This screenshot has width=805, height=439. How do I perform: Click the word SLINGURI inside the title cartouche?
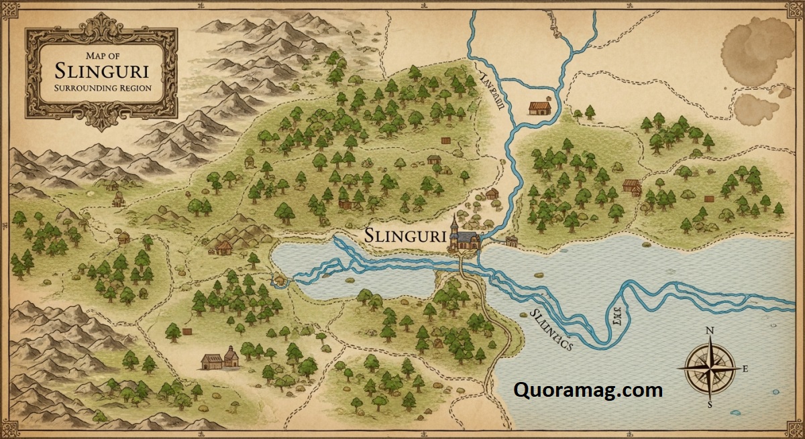pos(101,70)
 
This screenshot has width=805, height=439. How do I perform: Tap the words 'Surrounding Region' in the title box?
pos(101,88)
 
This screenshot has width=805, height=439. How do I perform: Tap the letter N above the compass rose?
pos(710,330)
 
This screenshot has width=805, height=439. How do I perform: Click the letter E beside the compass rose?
pos(745,369)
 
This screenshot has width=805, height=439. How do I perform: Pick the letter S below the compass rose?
pos(710,405)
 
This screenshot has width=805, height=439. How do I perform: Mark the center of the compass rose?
pos(710,368)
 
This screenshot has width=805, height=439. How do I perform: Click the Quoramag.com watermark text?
pos(588,389)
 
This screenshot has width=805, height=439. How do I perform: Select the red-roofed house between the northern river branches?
pos(539,107)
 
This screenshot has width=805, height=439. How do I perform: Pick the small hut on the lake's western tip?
pos(279,279)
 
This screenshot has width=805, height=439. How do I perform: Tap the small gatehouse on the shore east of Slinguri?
pos(512,241)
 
